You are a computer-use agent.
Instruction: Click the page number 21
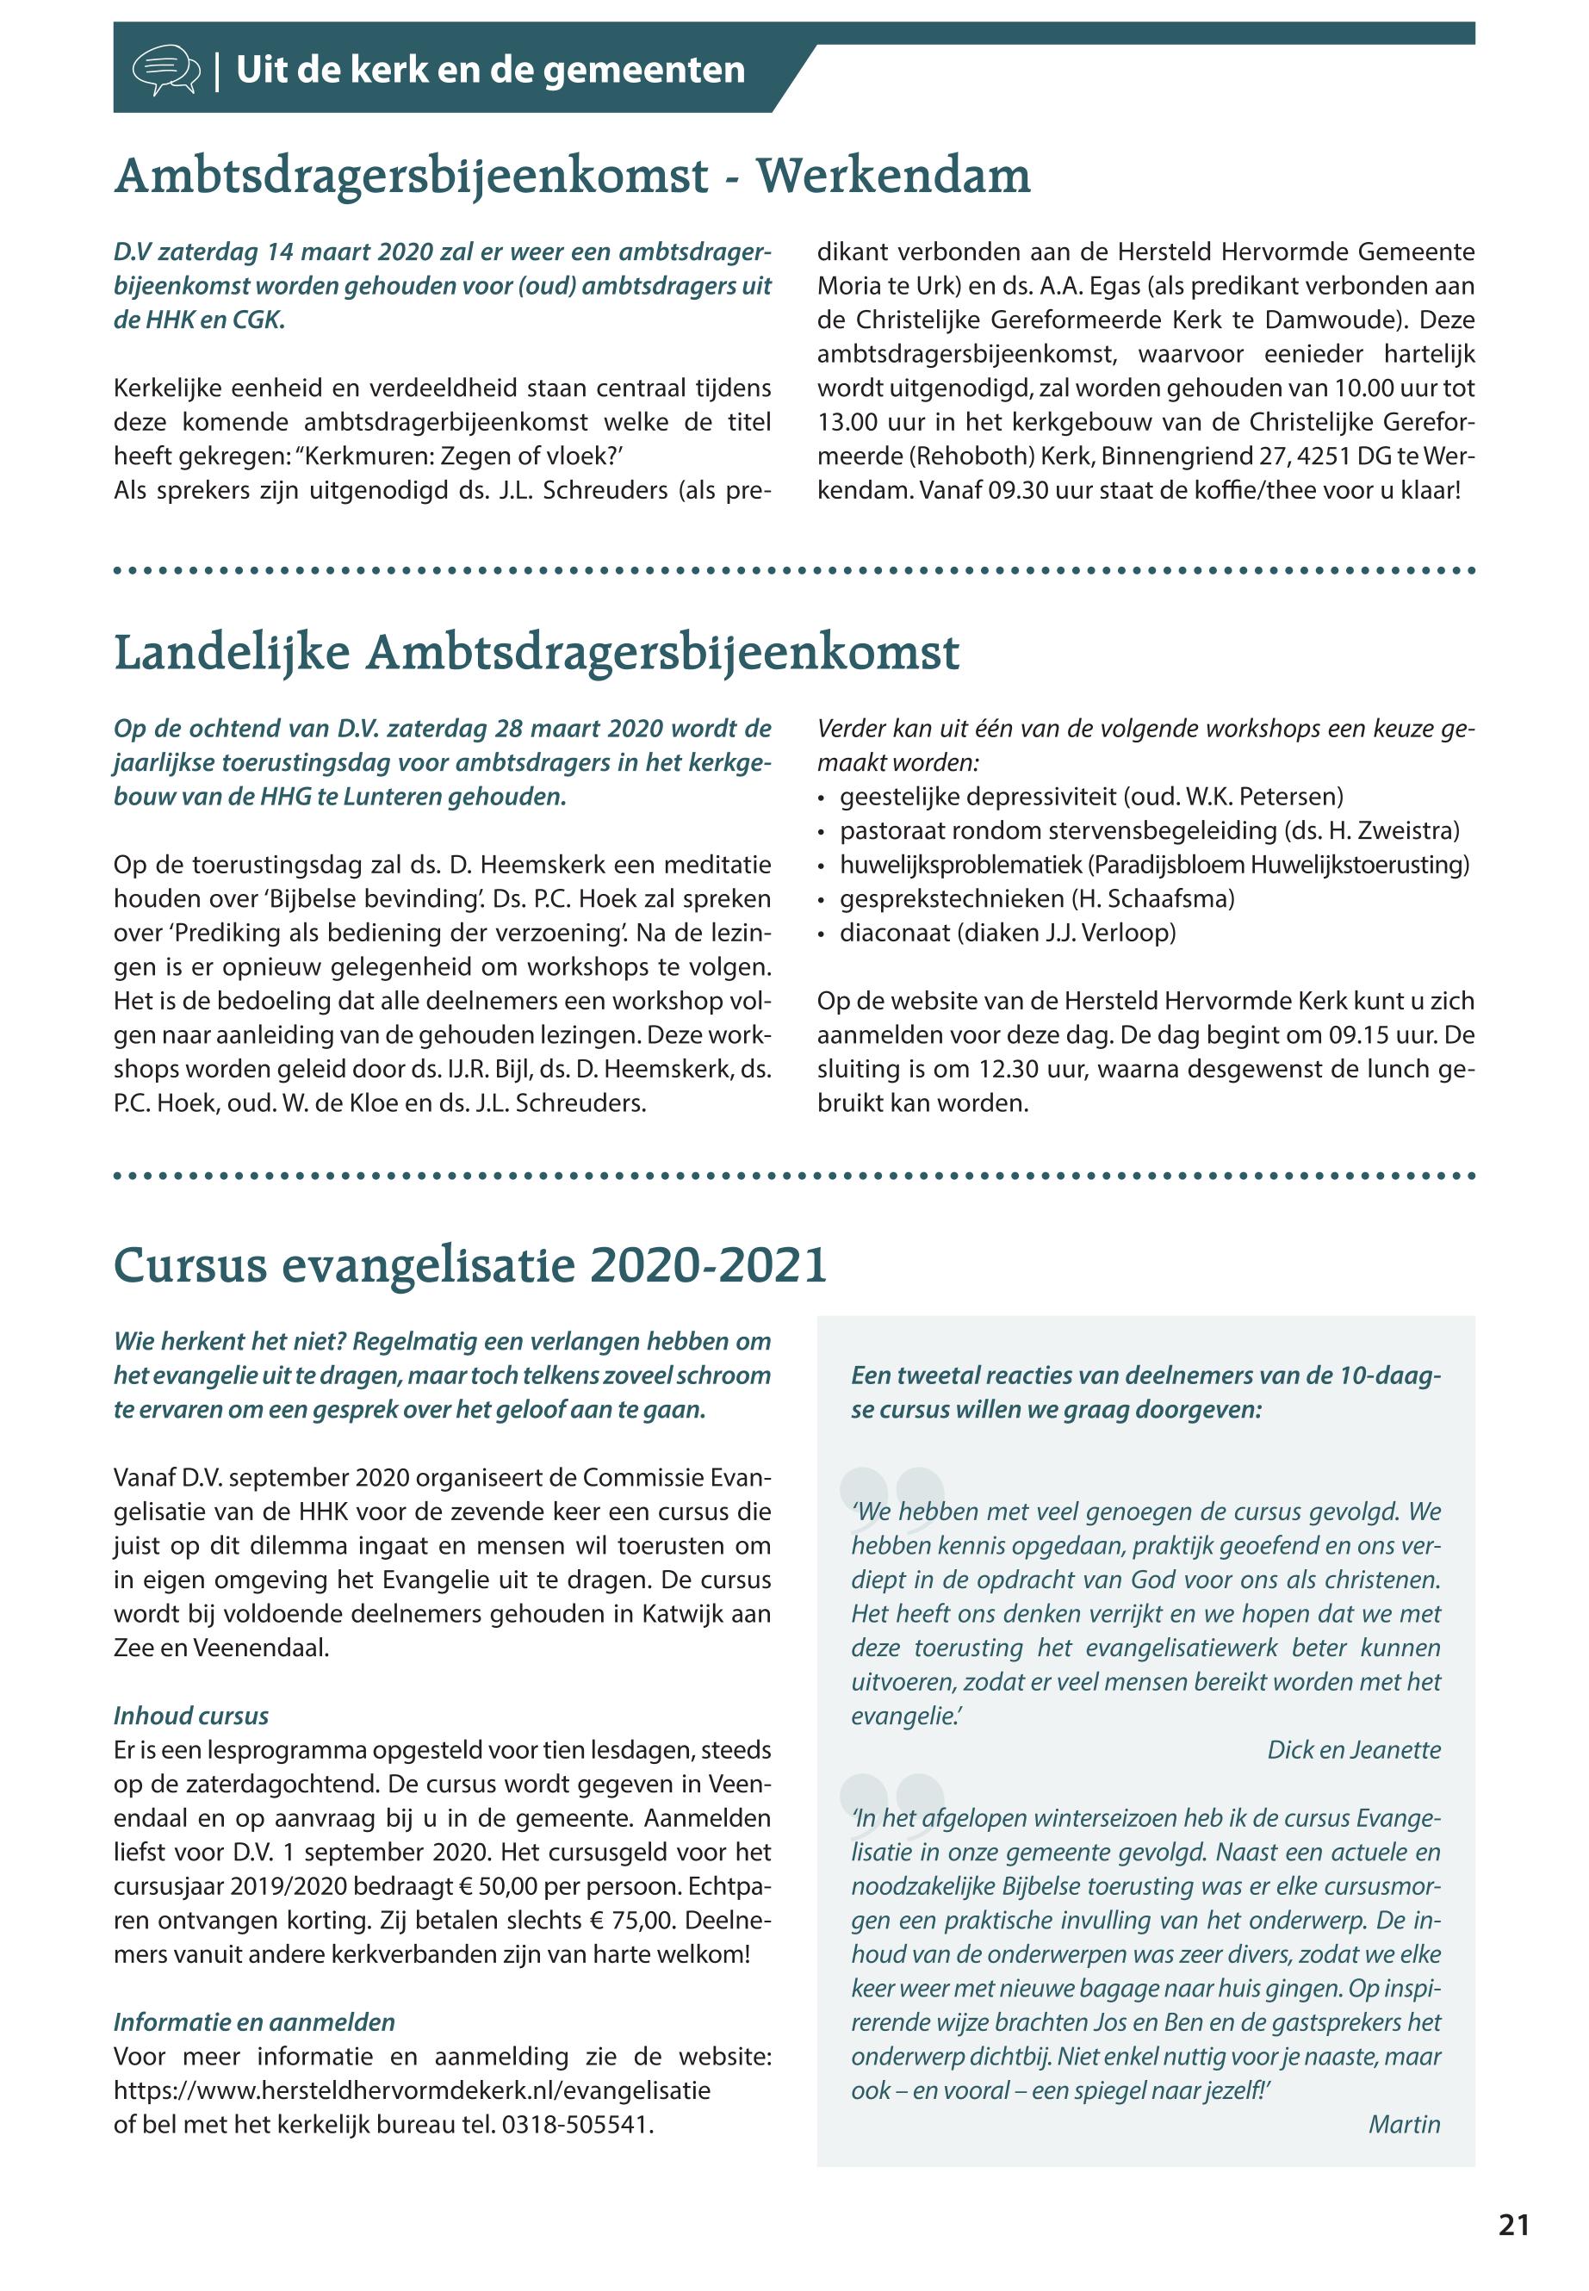click(x=1513, y=2226)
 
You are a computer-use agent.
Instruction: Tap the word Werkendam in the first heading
click(x=893, y=177)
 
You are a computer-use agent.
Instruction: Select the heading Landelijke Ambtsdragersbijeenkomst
click(x=537, y=655)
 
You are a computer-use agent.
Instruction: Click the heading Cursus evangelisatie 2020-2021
click(x=470, y=1265)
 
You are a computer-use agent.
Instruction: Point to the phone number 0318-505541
click(x=576, y=2125)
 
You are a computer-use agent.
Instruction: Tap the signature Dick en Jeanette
click(x=1353, y=1749)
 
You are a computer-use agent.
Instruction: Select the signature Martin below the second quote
click(x=1404, y=2124)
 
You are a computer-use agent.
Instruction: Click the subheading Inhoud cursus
click(x=191, y=1716)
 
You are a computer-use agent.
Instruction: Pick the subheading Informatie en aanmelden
click(x=254, y=2022)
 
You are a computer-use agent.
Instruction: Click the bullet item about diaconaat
click(x=1007, y=933)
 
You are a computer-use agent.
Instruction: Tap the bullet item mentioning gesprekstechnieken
click(x=1036, y=899)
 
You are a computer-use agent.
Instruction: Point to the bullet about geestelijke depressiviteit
click(x=1091, y=797)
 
